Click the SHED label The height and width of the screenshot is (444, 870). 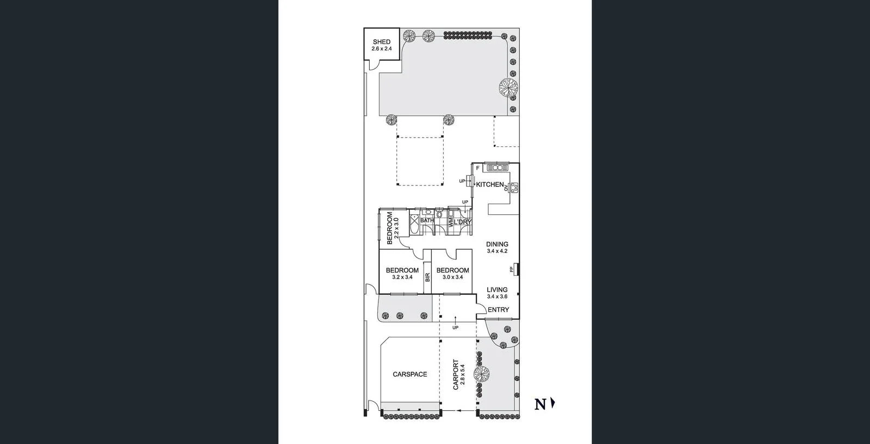381,42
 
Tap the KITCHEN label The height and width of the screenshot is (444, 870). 490,184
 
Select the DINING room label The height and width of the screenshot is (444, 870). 497,244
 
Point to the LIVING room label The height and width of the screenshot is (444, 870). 497,290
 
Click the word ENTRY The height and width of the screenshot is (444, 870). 498,310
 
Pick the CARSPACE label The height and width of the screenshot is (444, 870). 410,374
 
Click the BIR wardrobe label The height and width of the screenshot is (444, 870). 427,277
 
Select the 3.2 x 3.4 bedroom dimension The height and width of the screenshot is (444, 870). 402,277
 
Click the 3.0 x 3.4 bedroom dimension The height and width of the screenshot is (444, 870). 452,277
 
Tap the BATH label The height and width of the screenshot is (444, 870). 426,220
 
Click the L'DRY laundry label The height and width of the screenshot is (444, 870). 463,223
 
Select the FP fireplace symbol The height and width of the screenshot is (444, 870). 512,269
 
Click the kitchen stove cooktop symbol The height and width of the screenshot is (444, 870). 514,187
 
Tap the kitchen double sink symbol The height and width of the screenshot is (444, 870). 497,168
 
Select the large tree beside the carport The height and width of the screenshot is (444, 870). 482,373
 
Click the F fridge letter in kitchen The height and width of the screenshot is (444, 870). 477,168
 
